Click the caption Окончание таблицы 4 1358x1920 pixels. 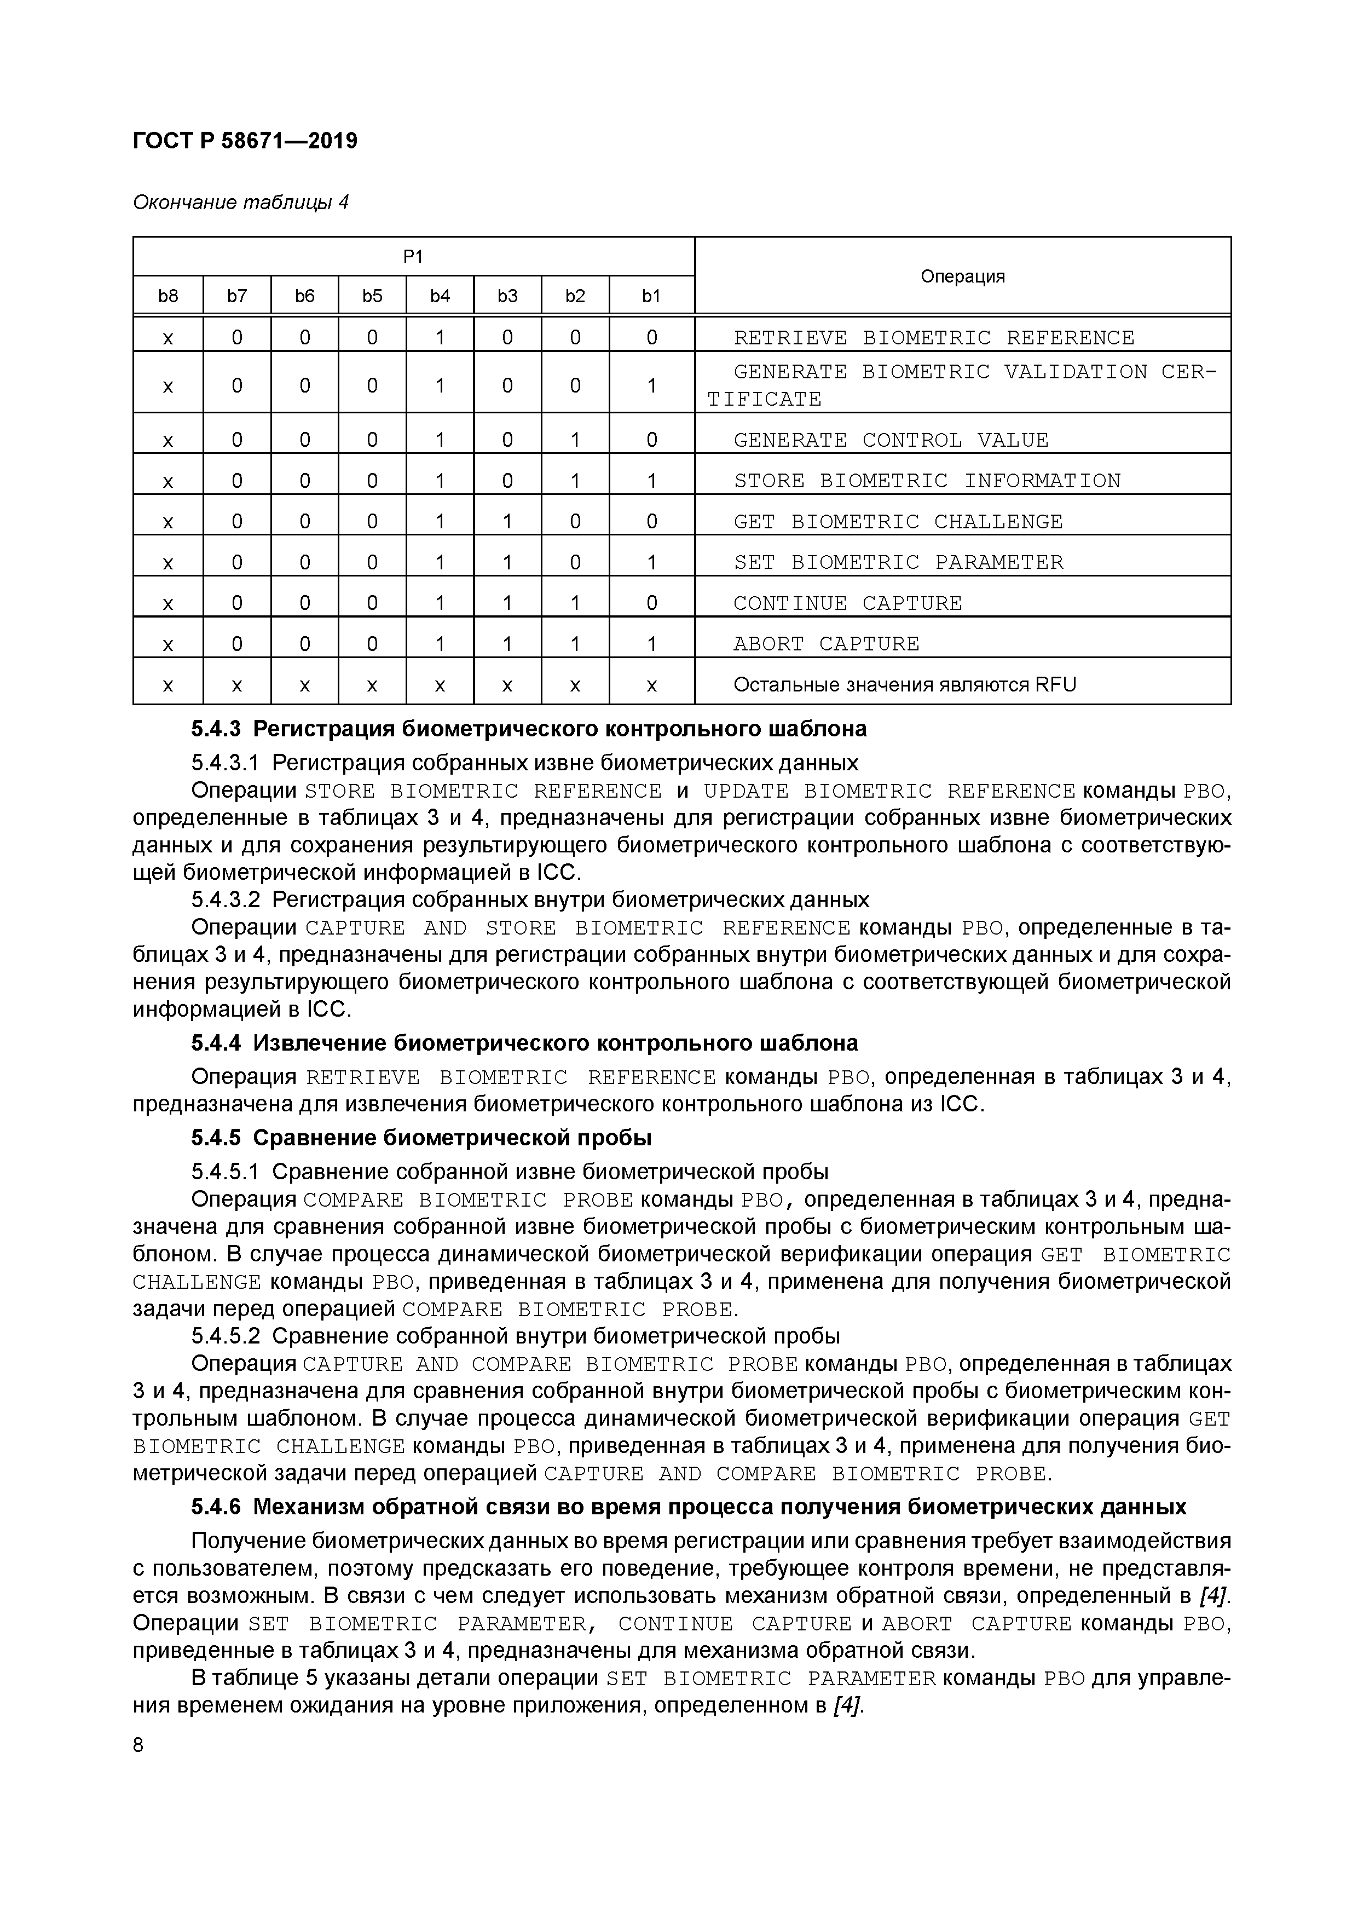coord(240,203)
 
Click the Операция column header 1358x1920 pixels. coord(962,276)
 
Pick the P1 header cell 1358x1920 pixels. coord(413,257)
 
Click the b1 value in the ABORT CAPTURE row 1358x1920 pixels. coord(651,644)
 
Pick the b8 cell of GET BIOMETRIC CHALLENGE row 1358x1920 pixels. coord(168,522)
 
